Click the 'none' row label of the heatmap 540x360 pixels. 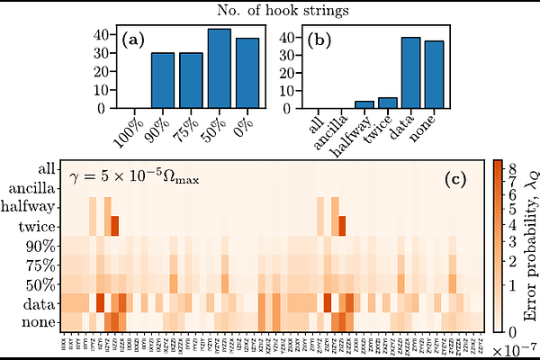point(40,322)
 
